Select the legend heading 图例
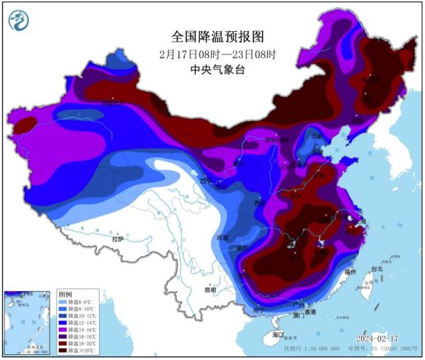tap(65, 293)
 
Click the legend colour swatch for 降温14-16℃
tap(62, 331)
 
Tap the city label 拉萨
tap(117, 240)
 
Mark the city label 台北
tap(376, 269)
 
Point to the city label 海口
tap(278, 334)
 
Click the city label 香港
tap(309, 312)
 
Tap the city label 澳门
tap(297, 316)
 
